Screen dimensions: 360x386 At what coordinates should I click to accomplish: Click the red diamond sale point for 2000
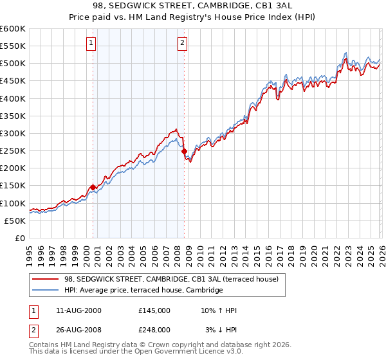[93, 187]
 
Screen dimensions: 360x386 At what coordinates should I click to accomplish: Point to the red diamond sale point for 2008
[185, 152]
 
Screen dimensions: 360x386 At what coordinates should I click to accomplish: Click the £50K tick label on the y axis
[15, 221]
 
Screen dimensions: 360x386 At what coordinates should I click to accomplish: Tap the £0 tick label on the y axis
[21, 238]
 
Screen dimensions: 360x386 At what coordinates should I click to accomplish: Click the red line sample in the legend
[46, 279]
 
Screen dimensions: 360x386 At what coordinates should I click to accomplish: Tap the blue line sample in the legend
[46, 291]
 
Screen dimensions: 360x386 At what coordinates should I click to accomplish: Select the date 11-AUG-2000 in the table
[78, 310]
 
